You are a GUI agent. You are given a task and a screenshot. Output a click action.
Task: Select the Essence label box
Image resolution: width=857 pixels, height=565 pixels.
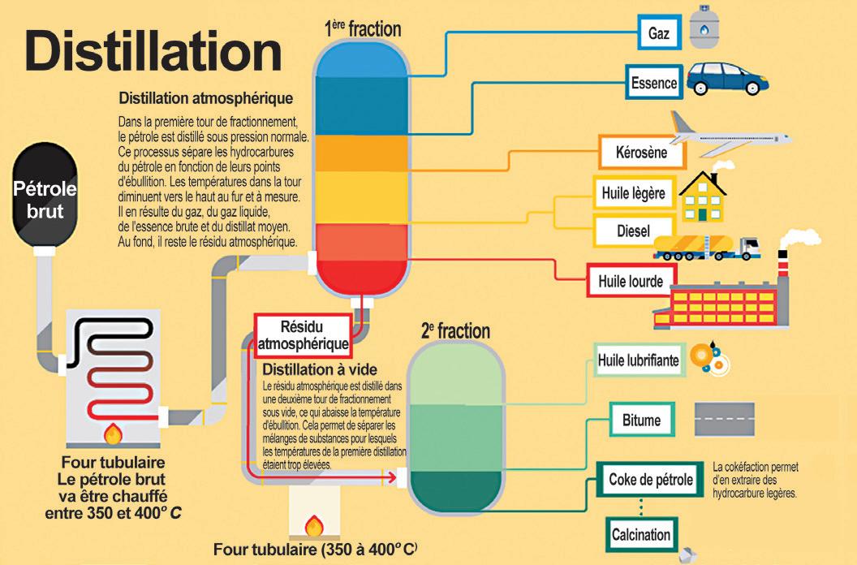point(653,82)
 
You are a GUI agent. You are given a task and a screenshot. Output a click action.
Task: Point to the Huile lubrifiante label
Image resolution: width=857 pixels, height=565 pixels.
point(638,360)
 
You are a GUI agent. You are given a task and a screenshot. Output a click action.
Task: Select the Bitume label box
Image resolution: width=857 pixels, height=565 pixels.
point(641,421)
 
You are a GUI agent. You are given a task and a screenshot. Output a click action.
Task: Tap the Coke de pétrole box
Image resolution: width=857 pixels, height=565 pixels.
point(651,480)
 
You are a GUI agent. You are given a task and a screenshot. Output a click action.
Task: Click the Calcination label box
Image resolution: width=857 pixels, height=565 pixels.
point(640,534)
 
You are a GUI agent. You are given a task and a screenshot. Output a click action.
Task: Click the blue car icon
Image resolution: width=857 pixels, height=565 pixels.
point(726,77)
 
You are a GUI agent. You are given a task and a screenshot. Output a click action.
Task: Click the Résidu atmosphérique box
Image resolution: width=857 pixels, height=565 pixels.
point(302,334)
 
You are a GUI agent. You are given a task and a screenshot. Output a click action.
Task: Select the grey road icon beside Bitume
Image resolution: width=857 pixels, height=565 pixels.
point(730,420)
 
